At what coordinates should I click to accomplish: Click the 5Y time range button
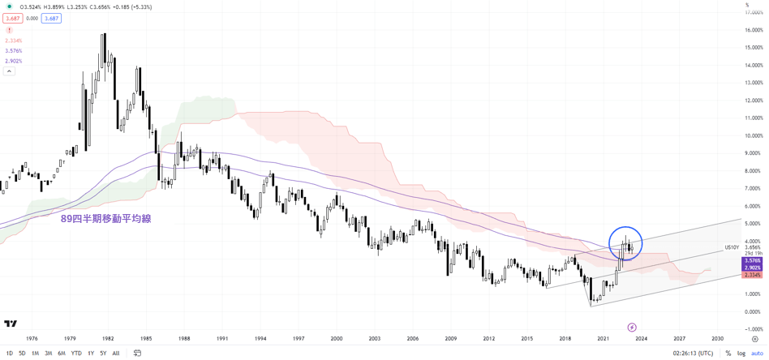[103, 353]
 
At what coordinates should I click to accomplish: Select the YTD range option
[76, 353]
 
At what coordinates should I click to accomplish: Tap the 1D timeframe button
[10, 353]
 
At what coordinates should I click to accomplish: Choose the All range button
[116, 353]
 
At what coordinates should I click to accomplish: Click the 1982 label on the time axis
[107, 338]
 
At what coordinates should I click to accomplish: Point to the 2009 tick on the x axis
[450, 338]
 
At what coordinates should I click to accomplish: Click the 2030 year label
[717, 338]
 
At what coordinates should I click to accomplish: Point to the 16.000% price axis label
[754, 30]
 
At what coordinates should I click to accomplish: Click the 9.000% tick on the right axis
[754, 153]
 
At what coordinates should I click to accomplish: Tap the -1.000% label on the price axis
[754, 329]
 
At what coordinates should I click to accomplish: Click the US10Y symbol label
[732, 247]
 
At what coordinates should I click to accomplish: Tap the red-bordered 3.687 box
[12, 18]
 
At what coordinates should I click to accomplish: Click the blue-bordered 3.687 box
[51, 18]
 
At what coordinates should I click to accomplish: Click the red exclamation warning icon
[10, 30]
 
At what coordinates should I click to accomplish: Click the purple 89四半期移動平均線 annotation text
[105, 218]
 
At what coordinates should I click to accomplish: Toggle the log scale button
[741, 353]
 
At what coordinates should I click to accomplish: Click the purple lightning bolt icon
[633, 328]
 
